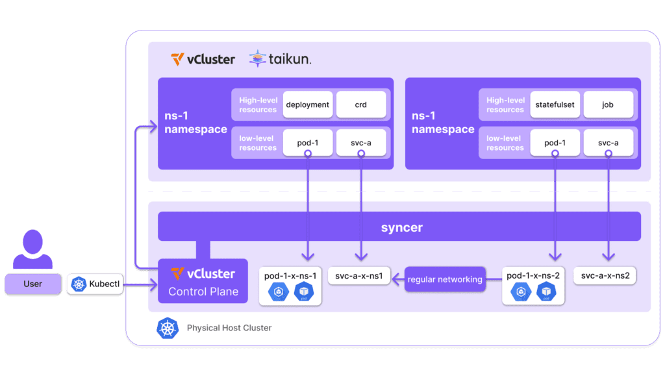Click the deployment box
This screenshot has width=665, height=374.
(308, 105)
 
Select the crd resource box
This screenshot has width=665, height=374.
(360, 105)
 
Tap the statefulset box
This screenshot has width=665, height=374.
(555, 105)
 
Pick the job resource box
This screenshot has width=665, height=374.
(608, 105)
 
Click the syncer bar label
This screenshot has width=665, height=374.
(402, 227)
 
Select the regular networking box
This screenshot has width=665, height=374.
(445, 279)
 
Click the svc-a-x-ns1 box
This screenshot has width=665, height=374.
(358, 277)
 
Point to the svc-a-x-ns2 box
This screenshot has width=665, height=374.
(605, 276)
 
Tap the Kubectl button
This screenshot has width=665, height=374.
(95, 284)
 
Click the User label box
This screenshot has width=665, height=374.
(32, 284)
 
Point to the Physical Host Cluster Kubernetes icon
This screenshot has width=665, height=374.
(167, 328)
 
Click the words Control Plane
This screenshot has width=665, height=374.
(203, 292)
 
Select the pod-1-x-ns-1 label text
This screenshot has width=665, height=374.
(290, 276)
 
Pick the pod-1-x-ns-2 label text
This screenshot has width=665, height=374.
(533, 276)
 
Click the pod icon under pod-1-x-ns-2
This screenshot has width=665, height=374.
(546, 293)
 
